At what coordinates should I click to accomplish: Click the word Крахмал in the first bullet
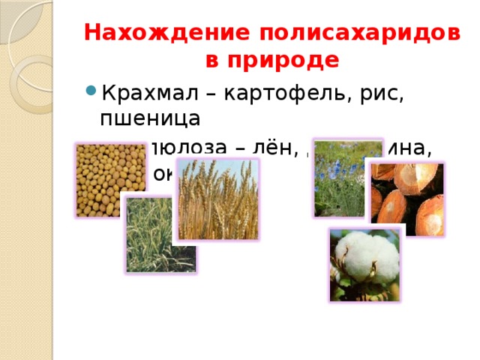(147, 94)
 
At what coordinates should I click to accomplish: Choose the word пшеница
(150, 118)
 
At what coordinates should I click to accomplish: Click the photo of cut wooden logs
(407, 199)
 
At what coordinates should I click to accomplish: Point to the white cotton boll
(364, 265)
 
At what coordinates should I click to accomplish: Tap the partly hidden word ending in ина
(412, 151)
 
